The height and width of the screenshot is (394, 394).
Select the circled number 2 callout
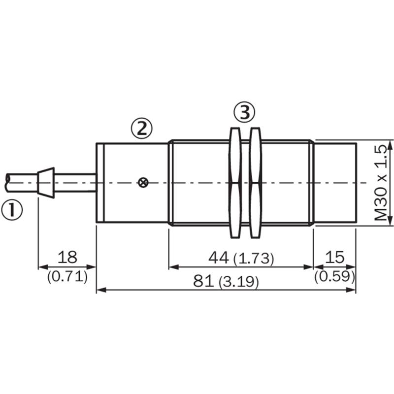tap(142, 129)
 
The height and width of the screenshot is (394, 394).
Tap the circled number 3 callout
tap(244, 112)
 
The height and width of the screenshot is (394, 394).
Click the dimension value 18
tap(67, 257)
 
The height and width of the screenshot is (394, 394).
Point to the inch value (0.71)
tap(67, 277)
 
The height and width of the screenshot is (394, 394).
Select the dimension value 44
tap(219, 258)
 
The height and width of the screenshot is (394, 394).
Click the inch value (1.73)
tap(254, 259)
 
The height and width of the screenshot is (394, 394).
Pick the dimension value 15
tap(335, 257)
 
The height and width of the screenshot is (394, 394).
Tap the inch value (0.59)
tap(335, 276)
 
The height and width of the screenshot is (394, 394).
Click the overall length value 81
tap(203, 281)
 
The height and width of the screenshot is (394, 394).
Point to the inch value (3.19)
tap(238, 282)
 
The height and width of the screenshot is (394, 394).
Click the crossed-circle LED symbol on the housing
tap(143, 183)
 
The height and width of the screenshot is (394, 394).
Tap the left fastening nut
tap(235, 183)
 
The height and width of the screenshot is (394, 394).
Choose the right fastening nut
tap(255, 183)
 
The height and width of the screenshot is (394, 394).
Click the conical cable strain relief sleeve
tap(46, 183)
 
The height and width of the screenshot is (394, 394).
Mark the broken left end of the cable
tap(7, 183)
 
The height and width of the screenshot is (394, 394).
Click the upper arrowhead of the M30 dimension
tap(390, 145)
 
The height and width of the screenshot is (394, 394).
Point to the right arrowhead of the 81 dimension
tap(351, 290)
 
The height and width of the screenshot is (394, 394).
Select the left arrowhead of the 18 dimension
tap(43, 267)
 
